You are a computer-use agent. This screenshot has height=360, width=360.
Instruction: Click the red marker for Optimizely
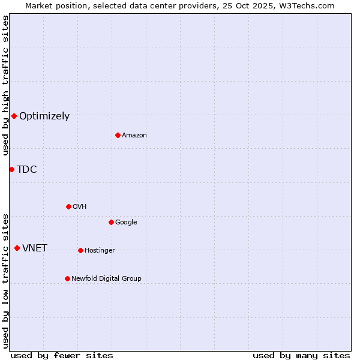(14, 116)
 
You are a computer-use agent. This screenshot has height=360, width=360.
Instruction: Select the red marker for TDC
(11, 169)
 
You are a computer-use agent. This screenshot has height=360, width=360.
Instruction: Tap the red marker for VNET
(17, 248)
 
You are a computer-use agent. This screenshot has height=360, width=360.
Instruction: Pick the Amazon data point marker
(118, 135)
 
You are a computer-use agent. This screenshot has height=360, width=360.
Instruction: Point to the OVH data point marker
(68, 206)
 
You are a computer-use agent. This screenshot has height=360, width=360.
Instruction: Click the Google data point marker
(111, 222)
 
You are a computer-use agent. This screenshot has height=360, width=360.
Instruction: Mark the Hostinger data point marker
(80, 250)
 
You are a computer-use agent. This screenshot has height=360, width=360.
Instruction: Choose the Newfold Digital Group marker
(67, 278)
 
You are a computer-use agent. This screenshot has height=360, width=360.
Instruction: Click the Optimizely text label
(44, 116)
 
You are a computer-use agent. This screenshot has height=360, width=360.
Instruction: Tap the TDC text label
(27, 170)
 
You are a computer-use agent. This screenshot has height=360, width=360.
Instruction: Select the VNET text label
(35, 248)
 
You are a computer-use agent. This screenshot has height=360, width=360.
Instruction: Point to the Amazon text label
(134, 136)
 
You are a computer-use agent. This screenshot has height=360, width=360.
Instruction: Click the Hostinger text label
(100, 251)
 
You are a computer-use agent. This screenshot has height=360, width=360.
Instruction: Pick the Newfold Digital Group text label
(106, 279)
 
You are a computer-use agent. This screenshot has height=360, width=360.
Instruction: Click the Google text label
(126, 223)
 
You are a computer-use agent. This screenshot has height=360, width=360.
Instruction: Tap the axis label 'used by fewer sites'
(62, 356)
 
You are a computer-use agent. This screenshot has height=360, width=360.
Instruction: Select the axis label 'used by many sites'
(301, 356)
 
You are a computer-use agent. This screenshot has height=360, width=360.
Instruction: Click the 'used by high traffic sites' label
(6, 85)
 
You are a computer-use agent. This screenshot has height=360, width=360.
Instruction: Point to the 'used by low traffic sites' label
(6, 280)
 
